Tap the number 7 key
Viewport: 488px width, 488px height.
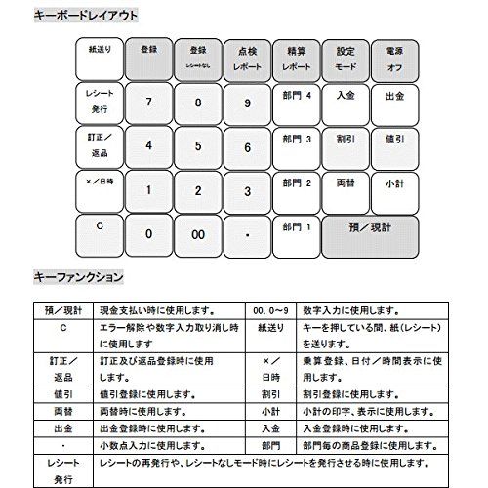(x=148, y=102)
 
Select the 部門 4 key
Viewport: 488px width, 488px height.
(x=294, y=98)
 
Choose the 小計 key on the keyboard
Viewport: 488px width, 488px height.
(x=395, y=183)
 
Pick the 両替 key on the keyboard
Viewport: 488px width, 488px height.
(x=345, y=183)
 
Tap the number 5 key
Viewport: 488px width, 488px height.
(x=198, y=146)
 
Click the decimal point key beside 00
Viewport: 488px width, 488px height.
(x=248, y=234)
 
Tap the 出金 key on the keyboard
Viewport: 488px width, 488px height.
(x=395, y=98)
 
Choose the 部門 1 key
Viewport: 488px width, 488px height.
(x=294, y=227)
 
